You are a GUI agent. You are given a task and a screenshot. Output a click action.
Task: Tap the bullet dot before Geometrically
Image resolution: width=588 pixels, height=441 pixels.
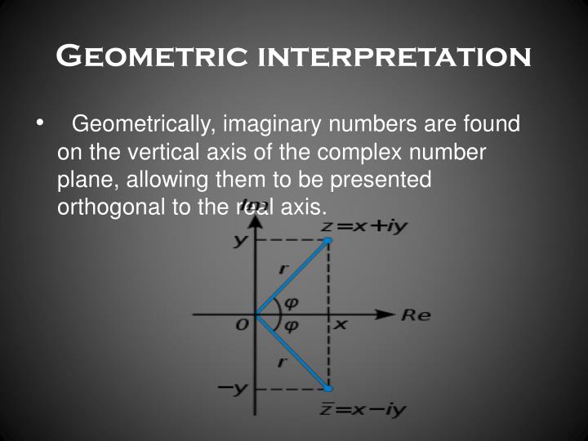38,124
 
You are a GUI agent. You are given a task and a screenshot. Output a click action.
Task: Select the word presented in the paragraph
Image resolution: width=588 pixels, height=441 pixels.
377,180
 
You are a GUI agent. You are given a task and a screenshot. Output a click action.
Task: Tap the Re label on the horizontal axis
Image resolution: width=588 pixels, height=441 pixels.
415,314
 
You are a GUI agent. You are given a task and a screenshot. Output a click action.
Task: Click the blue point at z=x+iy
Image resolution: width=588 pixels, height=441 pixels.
328,240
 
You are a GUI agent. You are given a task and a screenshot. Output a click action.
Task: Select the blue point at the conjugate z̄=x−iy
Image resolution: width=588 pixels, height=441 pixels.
328,388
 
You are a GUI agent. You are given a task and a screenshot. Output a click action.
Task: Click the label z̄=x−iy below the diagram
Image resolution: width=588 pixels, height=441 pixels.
362,409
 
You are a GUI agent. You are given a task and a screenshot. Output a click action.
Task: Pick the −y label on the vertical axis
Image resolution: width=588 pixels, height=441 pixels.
232,389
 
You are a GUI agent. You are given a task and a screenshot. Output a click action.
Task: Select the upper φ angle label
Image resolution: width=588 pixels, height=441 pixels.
290,302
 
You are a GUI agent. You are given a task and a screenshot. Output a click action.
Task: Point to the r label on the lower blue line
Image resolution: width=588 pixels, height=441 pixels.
281,361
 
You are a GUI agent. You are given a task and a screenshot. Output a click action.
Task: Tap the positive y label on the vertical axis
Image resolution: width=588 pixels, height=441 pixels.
240,241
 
